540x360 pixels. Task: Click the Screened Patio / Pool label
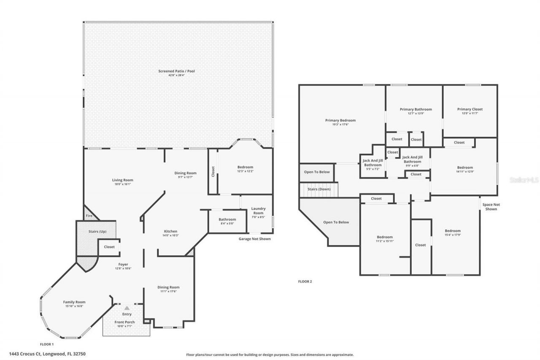click(176, 71)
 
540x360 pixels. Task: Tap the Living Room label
click(122, 180)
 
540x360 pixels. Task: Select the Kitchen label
click(170, 231)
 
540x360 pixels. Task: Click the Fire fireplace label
click(89, 216)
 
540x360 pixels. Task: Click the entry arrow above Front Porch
click(127, 308)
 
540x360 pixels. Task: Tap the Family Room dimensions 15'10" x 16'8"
click(74, 306)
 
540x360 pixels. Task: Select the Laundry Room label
click(258, 211)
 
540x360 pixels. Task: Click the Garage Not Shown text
click(254, 239)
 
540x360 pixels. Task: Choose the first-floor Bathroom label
click(227, 219)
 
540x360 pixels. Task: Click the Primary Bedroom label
click(340, 120)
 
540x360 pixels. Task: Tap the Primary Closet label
click(470, 109)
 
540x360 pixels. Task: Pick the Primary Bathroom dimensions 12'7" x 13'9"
click(416, 114)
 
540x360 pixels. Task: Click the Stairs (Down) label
click(319, 189)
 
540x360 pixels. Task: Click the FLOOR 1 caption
click(46, 344)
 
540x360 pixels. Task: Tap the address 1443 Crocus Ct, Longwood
click(50, 354)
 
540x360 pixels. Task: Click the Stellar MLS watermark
click(524, 179)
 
